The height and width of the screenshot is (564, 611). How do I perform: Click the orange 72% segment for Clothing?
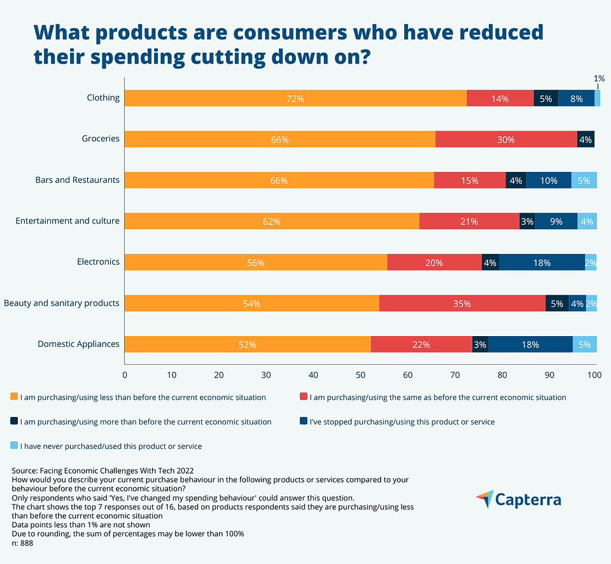295,98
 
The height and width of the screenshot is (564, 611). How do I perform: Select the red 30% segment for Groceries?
506,139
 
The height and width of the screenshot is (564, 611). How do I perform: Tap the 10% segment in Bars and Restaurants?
549,180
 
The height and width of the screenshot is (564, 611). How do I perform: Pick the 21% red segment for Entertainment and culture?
469,222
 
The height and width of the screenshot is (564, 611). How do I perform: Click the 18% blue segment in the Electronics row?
542,262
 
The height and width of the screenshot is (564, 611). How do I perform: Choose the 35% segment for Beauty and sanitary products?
462,304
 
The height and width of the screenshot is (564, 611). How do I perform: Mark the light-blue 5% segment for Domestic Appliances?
584,344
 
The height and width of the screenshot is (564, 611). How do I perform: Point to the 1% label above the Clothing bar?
599,78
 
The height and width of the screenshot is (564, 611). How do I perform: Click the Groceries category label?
101,138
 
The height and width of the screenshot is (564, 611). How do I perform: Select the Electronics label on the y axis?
98,262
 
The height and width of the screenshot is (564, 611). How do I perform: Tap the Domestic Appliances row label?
78,344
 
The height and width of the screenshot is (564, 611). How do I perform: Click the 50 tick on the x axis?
360,374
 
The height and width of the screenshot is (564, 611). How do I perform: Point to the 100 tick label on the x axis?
595,374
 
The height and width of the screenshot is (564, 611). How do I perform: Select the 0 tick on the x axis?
125,374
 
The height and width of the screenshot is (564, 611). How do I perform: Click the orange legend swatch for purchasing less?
14,397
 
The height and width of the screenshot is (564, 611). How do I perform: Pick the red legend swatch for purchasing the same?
303,397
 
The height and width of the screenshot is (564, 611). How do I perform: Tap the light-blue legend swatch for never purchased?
14,446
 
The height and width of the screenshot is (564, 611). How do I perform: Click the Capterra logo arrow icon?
484,498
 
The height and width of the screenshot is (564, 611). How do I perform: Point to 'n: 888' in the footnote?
22,544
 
